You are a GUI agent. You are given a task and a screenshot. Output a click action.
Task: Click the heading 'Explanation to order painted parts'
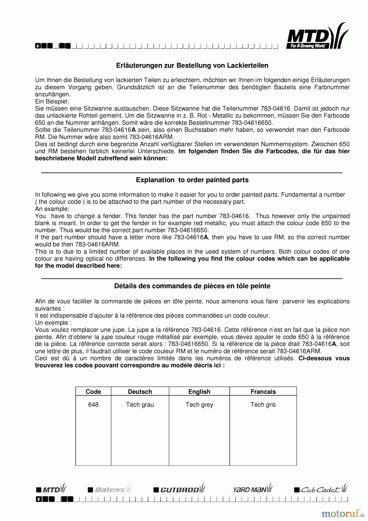(x=192, y=180)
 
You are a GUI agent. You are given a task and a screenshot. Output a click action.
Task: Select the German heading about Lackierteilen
(x=192, y=66)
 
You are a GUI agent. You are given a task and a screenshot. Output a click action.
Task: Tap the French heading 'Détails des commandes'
(x=192, y=286)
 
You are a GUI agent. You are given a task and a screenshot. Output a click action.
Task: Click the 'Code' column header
(x=93, y=392)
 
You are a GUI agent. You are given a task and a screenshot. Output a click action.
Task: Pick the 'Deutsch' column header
(x=140, y=392)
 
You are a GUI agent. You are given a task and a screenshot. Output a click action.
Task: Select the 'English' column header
(x=199, y=392)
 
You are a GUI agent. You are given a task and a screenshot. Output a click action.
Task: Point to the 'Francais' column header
(x=263, y=392)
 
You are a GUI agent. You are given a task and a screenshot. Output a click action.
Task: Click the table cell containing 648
(x=93, y=405)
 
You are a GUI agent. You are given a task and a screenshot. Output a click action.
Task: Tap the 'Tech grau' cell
(x=140, y=405)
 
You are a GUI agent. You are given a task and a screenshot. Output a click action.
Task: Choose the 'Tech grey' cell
(x=199, y=405)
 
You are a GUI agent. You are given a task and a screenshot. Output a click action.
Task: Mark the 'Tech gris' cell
(x=263, y=405)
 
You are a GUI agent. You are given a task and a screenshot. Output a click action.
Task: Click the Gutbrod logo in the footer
(x=180, y=489)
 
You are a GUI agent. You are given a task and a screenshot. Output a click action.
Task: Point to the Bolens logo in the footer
(x=110, y=489)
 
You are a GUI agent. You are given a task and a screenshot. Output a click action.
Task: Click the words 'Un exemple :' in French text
(x=53, y=323)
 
